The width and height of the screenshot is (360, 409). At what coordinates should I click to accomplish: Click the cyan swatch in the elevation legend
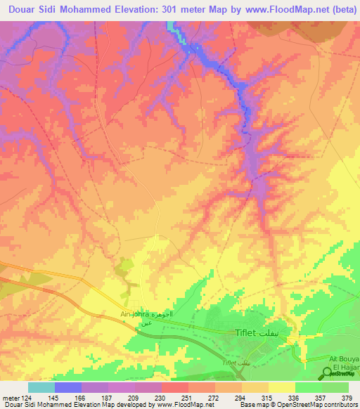pos(41,387)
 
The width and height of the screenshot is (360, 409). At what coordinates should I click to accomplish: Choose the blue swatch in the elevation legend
pos(67,387)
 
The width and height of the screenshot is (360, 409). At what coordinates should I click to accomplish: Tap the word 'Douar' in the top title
pos(22,10)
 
